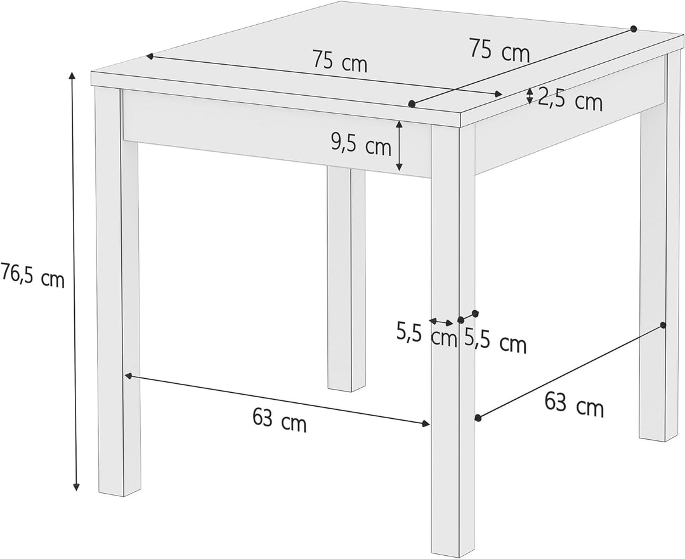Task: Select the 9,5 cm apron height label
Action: pos(361,145)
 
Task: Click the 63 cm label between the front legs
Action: pos(279,419)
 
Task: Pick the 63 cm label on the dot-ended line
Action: pos(574,405)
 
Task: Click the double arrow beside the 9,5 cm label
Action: pos(399,146)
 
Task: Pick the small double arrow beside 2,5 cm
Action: pos(530,96)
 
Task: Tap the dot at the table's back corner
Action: pos(633,29)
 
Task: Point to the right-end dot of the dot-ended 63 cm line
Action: pos(663,325)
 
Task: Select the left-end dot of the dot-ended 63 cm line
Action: pos(478,418)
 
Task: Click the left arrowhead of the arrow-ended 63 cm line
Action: pos(128,376)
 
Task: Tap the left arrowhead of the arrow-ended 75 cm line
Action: pos(150,56)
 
